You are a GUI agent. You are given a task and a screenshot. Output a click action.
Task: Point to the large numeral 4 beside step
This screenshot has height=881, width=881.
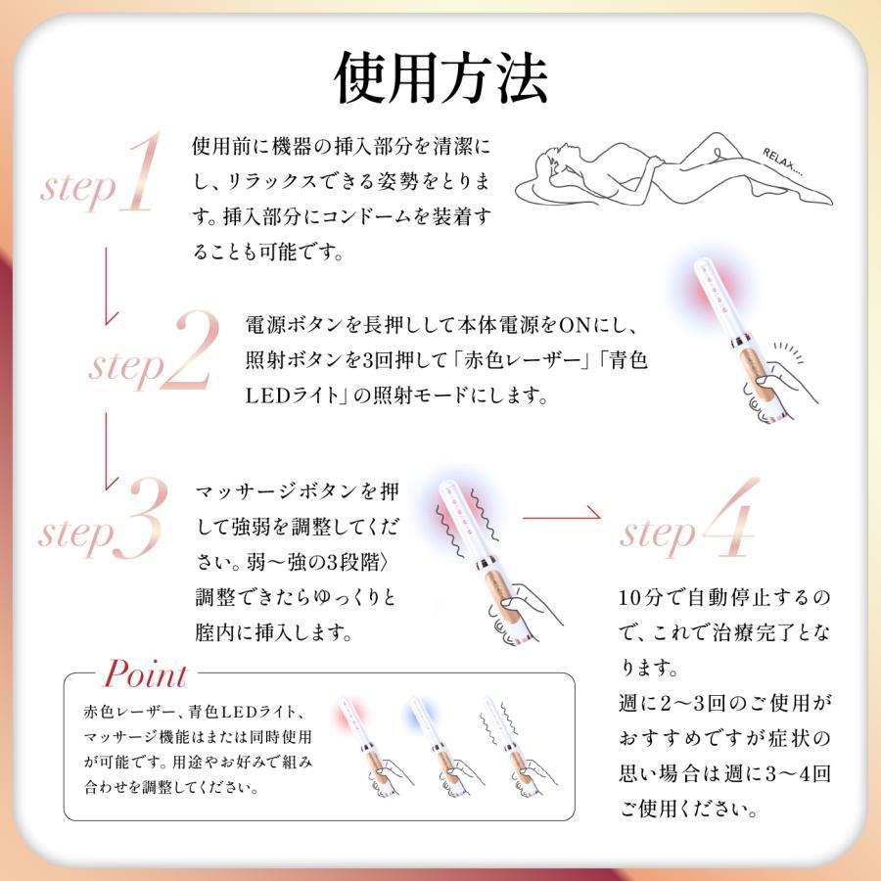coord(729,519)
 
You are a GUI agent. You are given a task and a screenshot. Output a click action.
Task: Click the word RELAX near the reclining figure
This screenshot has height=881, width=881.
coord(784,161)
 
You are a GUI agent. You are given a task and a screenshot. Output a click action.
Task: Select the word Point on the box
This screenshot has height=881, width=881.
coord(145,674)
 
